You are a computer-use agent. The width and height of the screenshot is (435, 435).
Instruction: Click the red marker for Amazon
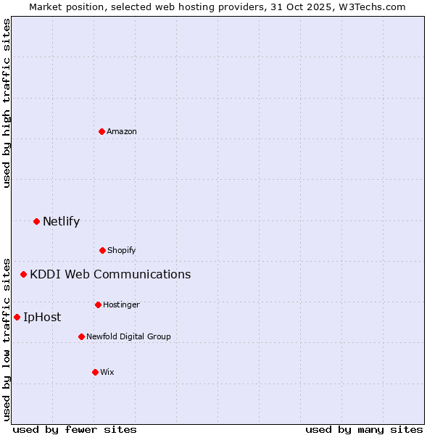coord(102,131)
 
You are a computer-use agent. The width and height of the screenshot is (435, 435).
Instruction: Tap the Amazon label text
coord(122,131)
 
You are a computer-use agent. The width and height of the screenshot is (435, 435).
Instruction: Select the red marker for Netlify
coord(36,221)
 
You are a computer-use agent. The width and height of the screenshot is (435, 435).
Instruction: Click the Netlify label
coord(61,222)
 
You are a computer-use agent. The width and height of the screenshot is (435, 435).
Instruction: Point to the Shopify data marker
coord(102,250)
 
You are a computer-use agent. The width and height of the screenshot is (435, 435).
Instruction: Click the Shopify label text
coord(122,250)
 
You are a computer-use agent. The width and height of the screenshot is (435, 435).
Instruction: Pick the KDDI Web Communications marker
coord(23,274)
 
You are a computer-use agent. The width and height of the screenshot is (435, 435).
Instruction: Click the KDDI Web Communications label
coord(110,274)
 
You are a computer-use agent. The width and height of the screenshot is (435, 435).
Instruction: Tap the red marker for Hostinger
coord(98,304)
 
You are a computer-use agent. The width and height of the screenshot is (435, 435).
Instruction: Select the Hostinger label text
coord(121,304)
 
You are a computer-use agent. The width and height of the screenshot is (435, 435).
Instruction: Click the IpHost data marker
coord(17,317)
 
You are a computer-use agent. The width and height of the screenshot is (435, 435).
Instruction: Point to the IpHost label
coord(42,317)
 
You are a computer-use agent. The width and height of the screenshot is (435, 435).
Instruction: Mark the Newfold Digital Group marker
coord(81,336)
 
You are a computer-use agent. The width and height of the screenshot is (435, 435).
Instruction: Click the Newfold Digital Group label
coord(128,336)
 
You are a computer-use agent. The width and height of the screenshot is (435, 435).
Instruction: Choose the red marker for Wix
coord(95,372)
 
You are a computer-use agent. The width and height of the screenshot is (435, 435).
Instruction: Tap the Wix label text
coord(107,372)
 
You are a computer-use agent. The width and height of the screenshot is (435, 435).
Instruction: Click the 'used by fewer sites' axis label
coord(75,429)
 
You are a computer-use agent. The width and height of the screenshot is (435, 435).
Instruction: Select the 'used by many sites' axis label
coord(364,429)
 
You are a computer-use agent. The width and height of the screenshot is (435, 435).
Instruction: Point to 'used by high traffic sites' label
coord(7,103)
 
